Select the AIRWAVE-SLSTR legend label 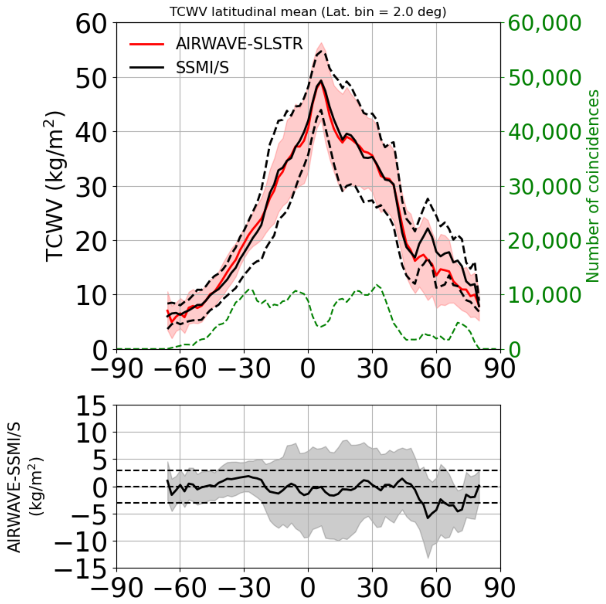(x=239, y=44)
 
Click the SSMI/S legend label (x=202, y=67)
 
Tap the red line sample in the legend (x=147, y=44)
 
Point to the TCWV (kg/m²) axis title (x=55, y=186)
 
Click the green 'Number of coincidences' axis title (x=592, y=186)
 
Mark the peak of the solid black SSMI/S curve (x=321, y=81)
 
